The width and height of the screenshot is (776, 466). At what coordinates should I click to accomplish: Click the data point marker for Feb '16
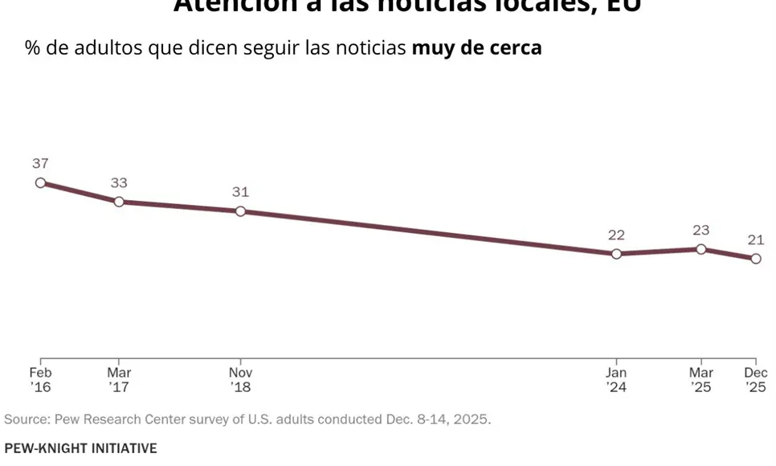click(x=40, y=182)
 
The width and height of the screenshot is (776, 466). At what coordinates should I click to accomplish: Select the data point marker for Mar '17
click(x=119, y=202)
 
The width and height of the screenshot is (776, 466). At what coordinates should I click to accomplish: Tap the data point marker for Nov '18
click(x=240, y=211)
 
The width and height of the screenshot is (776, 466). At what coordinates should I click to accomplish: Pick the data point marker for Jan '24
click(x=616, y=254)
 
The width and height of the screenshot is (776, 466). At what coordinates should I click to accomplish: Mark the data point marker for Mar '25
click(x=701, y=249)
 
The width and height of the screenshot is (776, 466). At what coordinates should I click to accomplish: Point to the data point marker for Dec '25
click(x=756, y=259)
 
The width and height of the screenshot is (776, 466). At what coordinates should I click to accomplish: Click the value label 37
click(x=40, y=163)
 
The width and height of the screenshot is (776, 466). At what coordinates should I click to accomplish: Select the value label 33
click(x=119, y=182)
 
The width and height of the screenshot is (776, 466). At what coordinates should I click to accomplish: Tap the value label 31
click(x=240, y=192)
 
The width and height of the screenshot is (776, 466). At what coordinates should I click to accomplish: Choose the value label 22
click(x=616, y=235)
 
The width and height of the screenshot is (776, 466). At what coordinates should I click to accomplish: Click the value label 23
click(x=701, y=230)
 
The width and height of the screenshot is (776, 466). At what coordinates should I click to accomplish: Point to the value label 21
click(x=756, y=239)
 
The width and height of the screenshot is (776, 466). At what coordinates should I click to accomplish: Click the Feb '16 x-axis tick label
click(x=40, y=380)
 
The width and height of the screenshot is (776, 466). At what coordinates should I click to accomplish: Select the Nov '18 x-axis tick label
click(x=240, y=380)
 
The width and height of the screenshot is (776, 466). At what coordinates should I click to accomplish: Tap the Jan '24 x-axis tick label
click(x=616, y=380)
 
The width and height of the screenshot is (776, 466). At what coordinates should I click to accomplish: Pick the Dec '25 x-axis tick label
click(x=756, y=380)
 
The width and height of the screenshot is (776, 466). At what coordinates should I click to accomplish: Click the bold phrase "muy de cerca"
click(x=476, y=48)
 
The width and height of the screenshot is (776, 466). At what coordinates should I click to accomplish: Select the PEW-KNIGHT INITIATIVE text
click(x=80, y=448)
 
